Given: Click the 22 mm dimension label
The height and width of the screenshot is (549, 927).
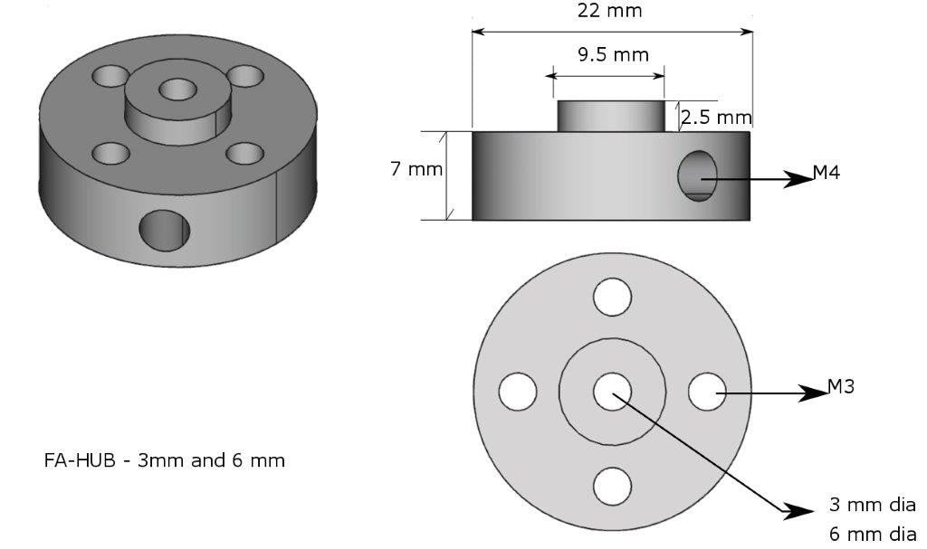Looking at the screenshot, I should point(609,11).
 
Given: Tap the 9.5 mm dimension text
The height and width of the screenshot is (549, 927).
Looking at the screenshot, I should point(613,54).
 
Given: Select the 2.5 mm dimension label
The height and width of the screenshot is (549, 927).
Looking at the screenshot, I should point(715,117).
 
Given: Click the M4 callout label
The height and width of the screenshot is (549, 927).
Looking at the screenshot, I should point(826,172).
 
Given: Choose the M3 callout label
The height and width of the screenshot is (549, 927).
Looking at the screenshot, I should point(841,387).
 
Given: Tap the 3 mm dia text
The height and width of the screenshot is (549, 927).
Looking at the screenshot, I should point(872,505).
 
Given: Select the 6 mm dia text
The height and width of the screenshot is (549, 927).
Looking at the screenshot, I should point(872,534).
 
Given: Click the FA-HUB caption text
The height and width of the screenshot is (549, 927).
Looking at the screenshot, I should point(164,460).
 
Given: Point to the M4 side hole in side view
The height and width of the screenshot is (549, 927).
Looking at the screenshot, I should point(698,175).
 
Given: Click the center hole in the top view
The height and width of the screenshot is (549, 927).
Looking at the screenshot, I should point(612,391).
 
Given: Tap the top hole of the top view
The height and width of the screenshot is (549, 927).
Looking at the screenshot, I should point(612,297).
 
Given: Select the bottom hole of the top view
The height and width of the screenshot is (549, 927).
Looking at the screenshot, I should point(612,487).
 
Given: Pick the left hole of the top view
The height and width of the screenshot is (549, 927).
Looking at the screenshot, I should point(518,391).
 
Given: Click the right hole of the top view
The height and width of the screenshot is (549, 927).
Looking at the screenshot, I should point(707,391).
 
